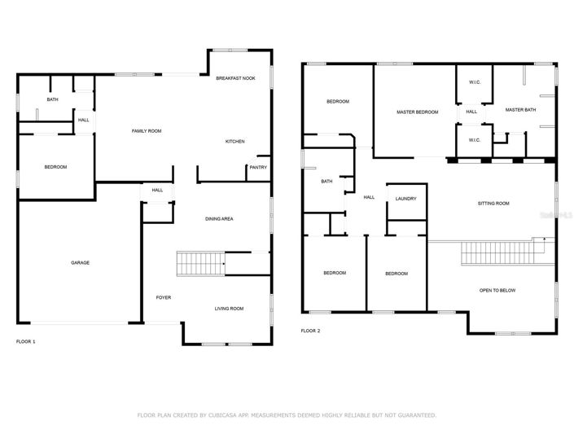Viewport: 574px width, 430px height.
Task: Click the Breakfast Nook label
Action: click(x=235, y=78)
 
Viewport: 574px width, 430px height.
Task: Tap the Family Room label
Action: click(x=147, y=130)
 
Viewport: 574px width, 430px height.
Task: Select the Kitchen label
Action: click(x=235, y=142)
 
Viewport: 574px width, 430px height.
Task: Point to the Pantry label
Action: click(x=258, y=168)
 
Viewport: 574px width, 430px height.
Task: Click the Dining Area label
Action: click(x=219, y=219)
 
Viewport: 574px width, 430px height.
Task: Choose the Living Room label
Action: click(x=229, y=309)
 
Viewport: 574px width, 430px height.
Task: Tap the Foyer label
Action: click(x=164, y=297)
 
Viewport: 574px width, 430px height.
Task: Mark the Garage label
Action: click(x=80, y=262)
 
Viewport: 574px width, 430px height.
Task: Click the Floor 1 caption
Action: click(x=26, y=341)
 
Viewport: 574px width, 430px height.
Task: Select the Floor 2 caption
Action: click(x=310, y=331)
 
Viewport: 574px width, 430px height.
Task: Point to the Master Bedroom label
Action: click(x=417, y=112)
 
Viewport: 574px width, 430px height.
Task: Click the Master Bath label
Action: click(x=520, y=110)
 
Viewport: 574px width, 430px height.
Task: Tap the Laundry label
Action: click(x=405, y=199)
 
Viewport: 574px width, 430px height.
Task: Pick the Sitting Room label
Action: click(x=493, y=203)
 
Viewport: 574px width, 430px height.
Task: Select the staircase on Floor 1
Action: click(x=200, y=264)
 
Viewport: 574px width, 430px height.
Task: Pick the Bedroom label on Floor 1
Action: click(x=55, y=167)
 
